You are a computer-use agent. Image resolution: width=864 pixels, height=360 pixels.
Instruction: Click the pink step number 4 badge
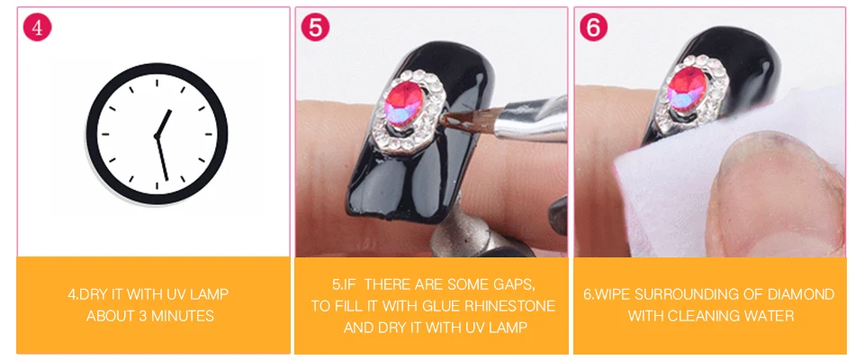click(37, 27)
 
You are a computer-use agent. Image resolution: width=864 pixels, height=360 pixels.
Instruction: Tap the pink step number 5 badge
click(316, 27)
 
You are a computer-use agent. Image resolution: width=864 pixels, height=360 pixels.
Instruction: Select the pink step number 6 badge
click(594, 27)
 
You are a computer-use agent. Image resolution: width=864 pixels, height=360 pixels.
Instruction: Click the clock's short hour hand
click(164, 123)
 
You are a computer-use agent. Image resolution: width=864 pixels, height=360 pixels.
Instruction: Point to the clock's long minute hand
click(162, 157)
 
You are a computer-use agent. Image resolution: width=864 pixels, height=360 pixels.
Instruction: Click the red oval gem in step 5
click(403, 103)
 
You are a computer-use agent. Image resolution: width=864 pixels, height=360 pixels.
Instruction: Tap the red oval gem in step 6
click(687, 89)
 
